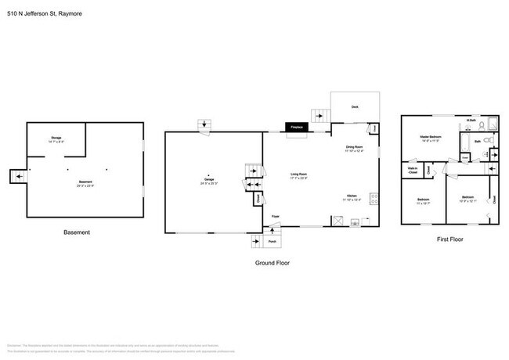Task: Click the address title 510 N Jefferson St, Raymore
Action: tap(48, 13)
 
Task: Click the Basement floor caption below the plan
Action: tap(76, 232)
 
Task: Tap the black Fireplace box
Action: tap(297, 127)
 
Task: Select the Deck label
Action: tap(355, 106)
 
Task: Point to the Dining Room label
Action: tap(355, 147)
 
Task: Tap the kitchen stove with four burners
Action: tap(373, 198)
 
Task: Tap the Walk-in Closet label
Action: tap(412, 168)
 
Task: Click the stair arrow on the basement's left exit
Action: tap(16, 177)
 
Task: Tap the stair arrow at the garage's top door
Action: tap(204, 124)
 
